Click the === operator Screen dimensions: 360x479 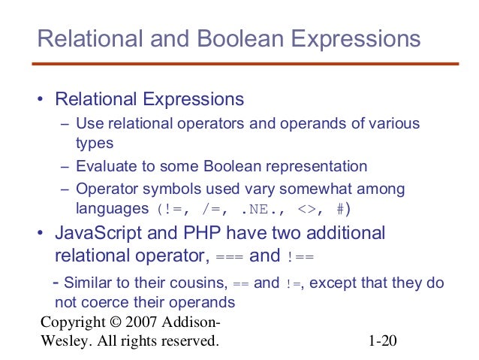click(x=229, y=257)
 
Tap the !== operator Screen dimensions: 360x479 click(x=300, y=257)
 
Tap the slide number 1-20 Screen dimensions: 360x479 click(x=381, y=342)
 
